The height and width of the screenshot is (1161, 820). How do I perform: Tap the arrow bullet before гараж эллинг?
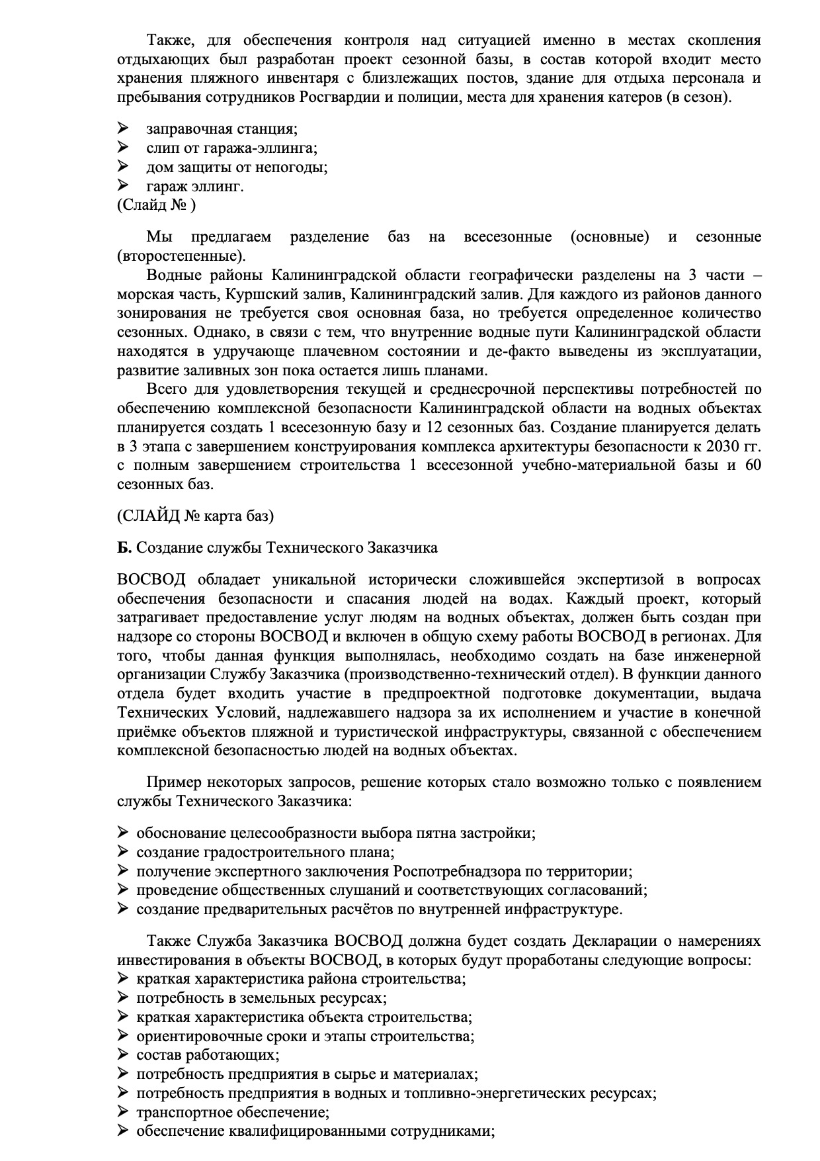click(122, 186)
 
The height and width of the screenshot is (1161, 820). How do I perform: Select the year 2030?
click(725, 446)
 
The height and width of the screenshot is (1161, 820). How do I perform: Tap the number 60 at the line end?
click(753, 465)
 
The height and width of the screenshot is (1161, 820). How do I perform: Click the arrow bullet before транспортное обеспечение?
click(122, 1112)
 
